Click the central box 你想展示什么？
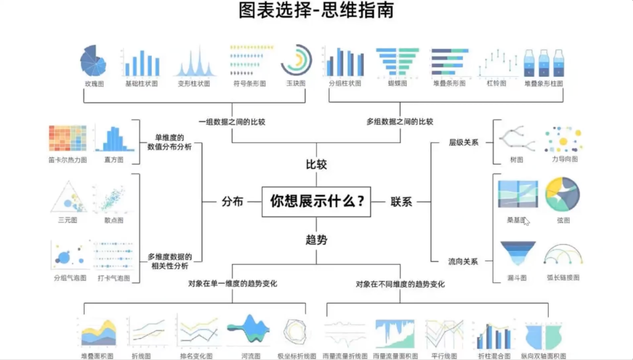[x=316, y=202]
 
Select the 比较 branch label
[x=316, y=164]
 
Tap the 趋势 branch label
[x=316, y=239]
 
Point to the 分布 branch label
[x=232, y=202]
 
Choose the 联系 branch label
[x=401, y=202]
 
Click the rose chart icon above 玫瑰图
[x=93, y=61]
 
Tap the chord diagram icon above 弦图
[x=563, y=195]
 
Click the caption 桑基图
[x=516, y=220]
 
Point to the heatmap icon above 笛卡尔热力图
[x=67, y=138]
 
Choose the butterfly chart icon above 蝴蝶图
[x=397, y=62]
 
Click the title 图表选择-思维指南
[x=316, y=11]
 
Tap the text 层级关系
[x=464, y=142]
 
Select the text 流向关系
[x=464, y=261]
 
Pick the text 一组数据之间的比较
[x=232, y=122]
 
